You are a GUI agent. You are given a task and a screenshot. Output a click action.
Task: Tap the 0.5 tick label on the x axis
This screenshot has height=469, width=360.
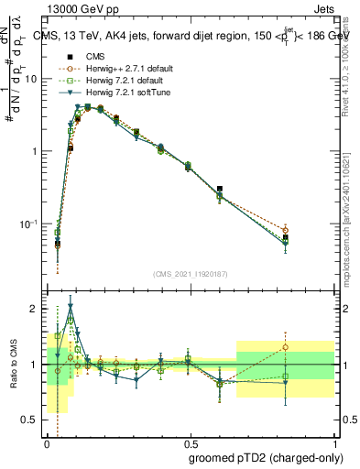tap(191, 442)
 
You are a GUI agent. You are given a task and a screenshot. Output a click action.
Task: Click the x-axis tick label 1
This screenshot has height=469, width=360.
tap(335, 442)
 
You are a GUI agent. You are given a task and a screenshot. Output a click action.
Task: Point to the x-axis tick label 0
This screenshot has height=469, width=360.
tap(47, 442)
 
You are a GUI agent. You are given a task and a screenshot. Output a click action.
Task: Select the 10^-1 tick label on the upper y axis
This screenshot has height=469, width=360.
tap(29, 224)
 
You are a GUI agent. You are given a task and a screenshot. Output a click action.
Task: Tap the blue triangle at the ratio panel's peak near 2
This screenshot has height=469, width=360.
tap(71, 306)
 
